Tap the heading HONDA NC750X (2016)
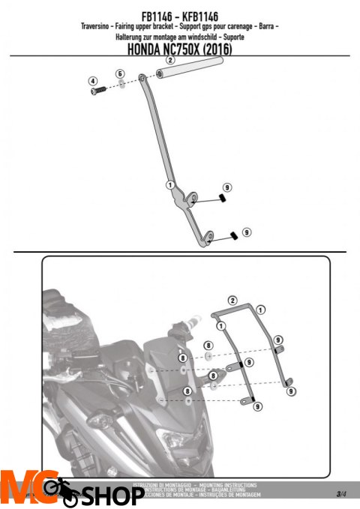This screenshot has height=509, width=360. pos(180,48)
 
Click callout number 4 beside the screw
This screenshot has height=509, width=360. pos(93,80)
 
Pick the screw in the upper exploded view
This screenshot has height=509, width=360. pos(99,91)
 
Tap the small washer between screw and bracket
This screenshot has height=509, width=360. pos(121,85)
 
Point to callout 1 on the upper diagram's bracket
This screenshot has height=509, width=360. pos(171,184)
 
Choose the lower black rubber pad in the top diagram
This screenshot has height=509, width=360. pos(233,234)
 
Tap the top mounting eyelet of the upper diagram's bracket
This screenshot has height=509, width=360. pos(142,77)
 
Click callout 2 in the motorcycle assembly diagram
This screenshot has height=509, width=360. pos(232,300)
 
